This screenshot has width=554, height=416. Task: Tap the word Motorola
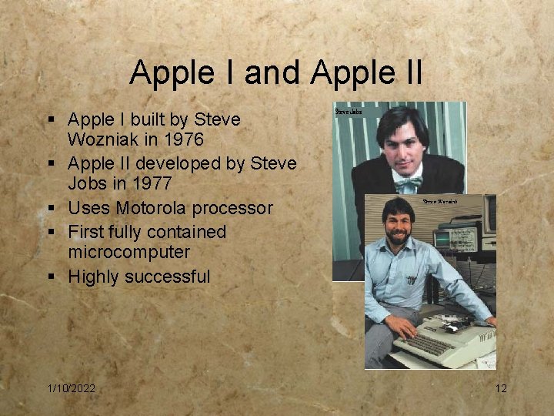coord(151,208)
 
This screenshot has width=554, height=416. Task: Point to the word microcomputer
coord(128,253)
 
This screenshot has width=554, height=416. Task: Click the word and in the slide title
coord(276,73)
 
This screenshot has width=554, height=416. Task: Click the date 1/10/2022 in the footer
coord(70,388)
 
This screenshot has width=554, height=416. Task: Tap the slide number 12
coord(501,388)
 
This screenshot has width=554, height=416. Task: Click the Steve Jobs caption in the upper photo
coord(348,112)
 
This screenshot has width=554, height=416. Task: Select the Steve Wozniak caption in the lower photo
coord(440,201)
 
